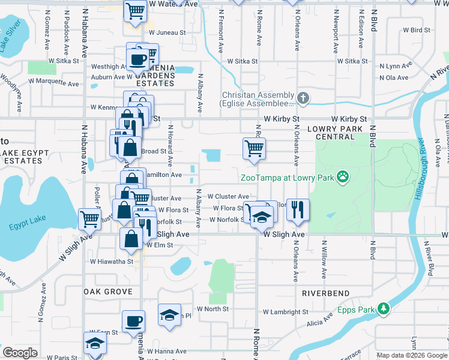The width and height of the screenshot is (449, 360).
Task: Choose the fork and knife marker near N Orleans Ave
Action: click(x=298, y=209)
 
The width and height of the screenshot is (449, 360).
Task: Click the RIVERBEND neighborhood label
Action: click(x=325, y=293)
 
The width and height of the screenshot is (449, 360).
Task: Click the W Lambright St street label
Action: click(x=286, y=312)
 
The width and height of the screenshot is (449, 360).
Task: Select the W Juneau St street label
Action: click(x=169, y=33)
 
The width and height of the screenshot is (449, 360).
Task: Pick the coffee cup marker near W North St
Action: click(x=133, y=321)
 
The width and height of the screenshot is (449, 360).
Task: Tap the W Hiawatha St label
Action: click(x=112, y=262)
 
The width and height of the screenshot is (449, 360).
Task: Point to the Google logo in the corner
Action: click(x=20, y=353)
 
